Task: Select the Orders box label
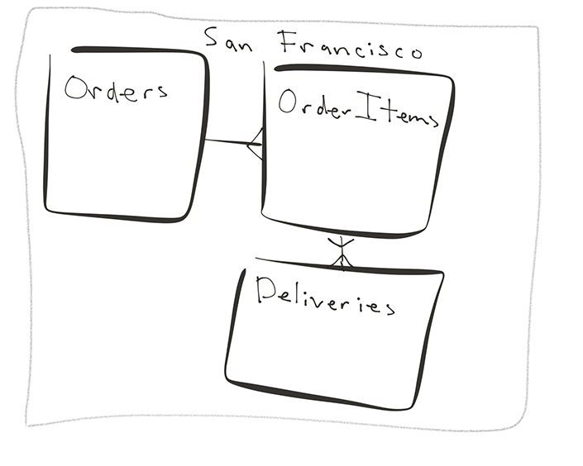point(116,88)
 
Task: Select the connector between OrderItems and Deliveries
point(341,250)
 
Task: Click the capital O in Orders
point(77,88)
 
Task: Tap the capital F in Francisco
point(288,40)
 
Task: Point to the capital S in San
point(212,38)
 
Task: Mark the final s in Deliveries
point(386,307)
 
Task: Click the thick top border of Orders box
point(136,50)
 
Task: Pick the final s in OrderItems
point(429,121)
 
